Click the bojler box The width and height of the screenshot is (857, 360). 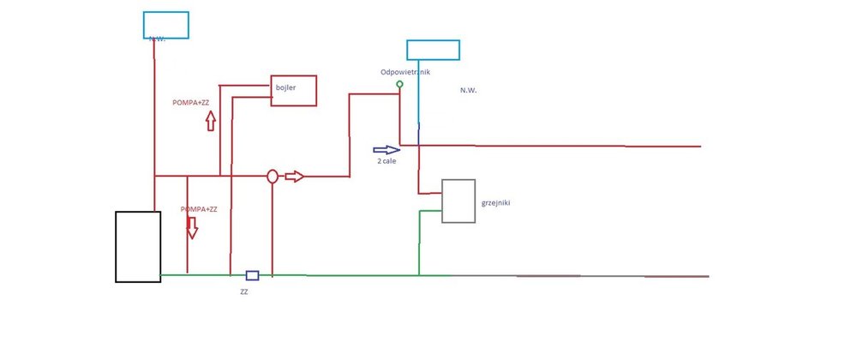coord(294,91)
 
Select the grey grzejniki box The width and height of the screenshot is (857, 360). coord(458,201)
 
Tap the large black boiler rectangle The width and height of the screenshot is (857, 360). coord(138,246)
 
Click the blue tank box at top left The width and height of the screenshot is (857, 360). coord(166,25)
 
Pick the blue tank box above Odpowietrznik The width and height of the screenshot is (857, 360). coord(433,50)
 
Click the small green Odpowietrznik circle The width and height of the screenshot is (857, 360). coord(399,84)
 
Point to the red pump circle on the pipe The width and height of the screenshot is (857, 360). coord(272,177)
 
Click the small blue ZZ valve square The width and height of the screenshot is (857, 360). coord(252,275)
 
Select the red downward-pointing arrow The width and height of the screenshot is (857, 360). coord(192,227)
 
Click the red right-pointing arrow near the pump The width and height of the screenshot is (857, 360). coord(294,177)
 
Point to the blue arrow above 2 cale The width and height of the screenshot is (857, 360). coord(387,149)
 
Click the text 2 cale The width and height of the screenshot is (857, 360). coord(387,161)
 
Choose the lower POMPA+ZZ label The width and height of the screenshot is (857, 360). coord(199,209)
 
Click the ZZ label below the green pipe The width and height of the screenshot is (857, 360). coord(244,291)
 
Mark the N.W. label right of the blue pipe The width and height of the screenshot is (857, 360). coord(468,90)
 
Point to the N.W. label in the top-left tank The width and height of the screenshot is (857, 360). coord(156,39)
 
